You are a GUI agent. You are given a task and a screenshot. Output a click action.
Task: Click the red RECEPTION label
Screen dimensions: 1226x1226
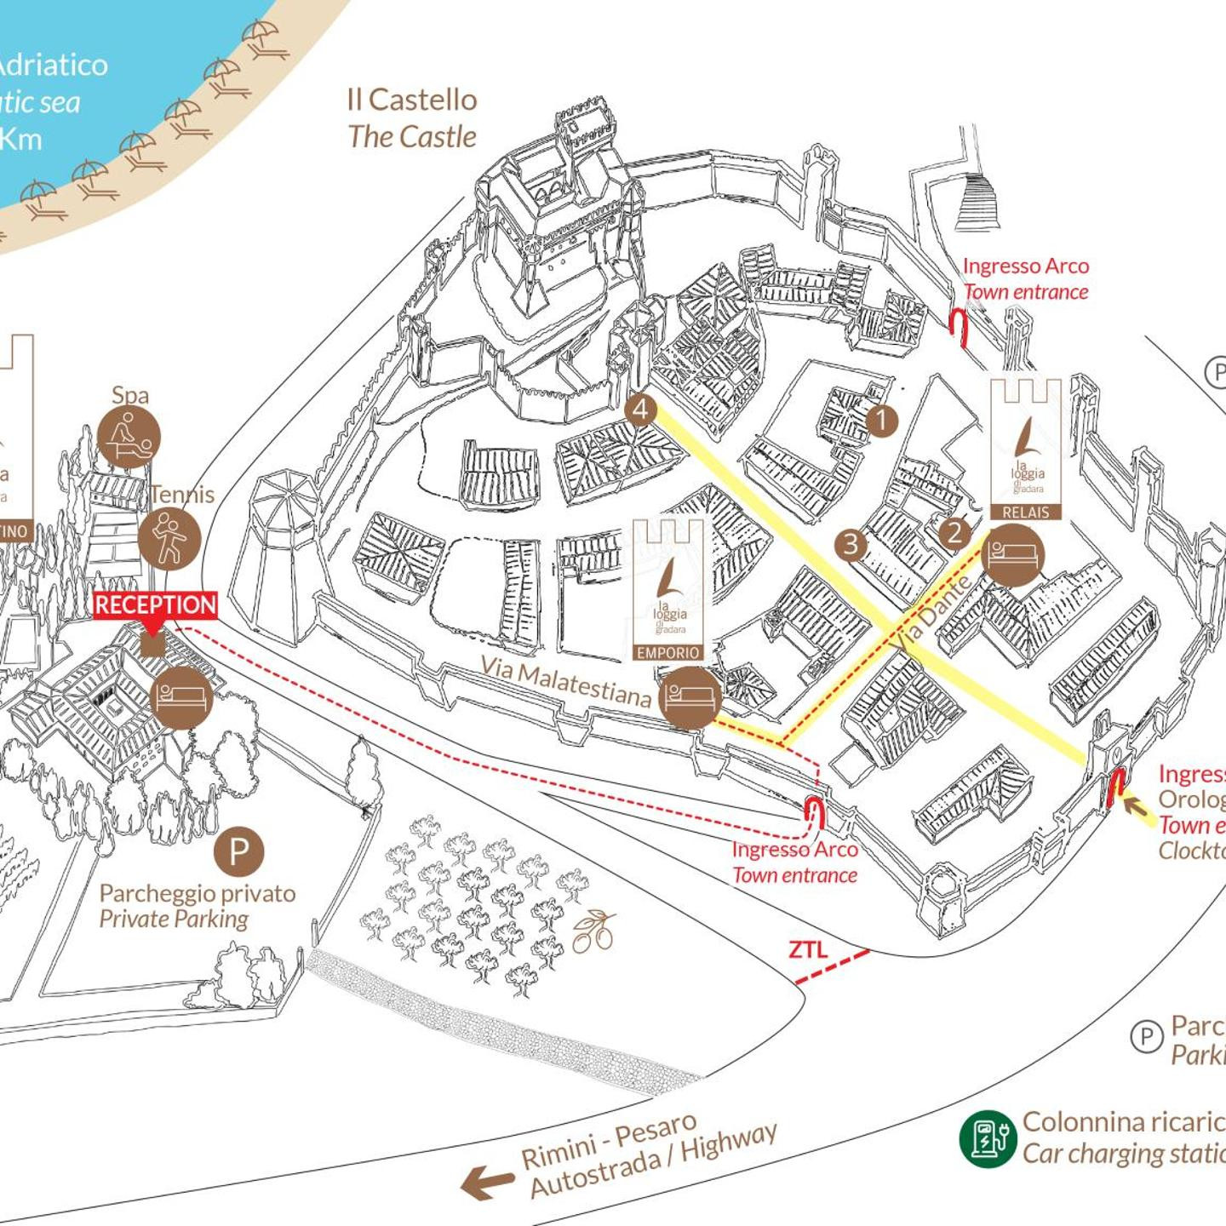coord(156,605)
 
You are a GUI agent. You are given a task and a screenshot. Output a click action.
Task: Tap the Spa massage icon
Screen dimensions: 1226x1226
coord(129,437)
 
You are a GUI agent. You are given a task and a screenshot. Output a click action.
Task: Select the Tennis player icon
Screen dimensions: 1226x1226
coord(169,538)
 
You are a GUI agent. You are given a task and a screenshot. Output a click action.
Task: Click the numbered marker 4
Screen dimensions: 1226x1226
coord(640,410)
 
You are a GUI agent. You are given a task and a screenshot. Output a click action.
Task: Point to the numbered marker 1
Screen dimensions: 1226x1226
coord(882,420)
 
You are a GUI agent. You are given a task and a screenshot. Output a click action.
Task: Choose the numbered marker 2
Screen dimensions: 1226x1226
coord(954,533)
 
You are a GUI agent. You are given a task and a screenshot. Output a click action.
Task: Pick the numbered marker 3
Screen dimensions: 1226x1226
coord(851,543)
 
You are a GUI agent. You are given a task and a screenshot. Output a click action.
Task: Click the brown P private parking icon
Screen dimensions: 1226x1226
coord(239,851)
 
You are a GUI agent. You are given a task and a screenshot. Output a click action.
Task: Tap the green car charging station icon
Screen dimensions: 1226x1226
coord(988,1138)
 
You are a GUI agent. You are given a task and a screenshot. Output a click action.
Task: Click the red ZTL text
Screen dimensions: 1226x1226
coord(807,949)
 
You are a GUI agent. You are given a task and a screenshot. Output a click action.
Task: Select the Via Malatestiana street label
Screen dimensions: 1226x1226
coord(565,680)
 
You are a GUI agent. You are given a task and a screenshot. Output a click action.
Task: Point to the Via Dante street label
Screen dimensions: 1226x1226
coord(933,610)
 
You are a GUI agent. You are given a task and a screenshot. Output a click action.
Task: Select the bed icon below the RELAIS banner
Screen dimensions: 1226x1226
coord(1012,555)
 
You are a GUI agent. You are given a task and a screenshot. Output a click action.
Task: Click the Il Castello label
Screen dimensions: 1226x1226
coord(412,100)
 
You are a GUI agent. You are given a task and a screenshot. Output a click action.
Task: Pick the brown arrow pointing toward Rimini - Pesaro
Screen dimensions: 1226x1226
coord(487,1183)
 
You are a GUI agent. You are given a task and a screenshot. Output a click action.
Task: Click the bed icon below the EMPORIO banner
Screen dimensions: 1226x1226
coord(690,697)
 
